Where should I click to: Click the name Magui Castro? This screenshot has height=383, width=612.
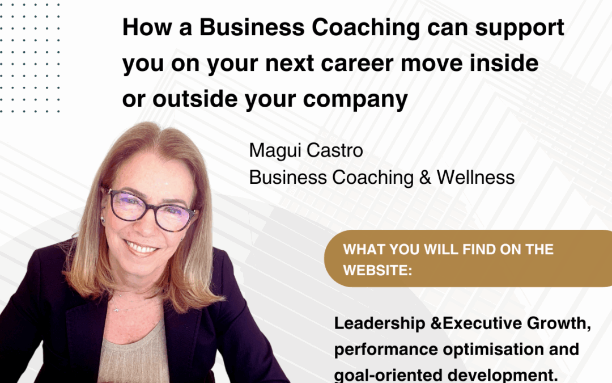tap(306, 151)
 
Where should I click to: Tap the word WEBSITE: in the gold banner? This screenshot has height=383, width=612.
tap(377, 270)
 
